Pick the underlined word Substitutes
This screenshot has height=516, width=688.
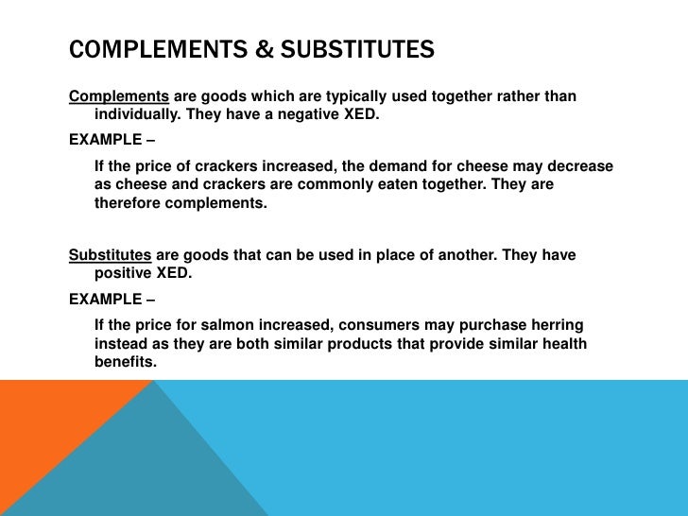tap(111, 255)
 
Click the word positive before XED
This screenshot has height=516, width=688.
tap(124, 273)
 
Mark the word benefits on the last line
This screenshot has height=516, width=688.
tap(125, 361)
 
